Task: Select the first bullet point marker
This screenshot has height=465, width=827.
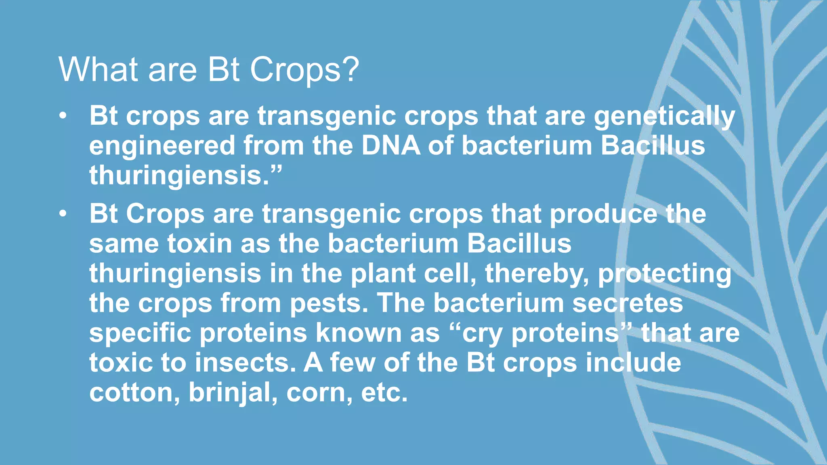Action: point(62,117)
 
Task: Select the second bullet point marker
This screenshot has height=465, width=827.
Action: point(62,214)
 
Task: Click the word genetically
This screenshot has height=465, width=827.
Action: point(664,117)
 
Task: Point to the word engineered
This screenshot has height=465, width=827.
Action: point(162,146)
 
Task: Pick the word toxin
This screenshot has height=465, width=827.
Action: point(199,244)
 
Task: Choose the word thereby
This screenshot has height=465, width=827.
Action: point(537,274)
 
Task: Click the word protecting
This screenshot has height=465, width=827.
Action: point(664,274)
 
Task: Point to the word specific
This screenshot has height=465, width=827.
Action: point(140,333)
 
